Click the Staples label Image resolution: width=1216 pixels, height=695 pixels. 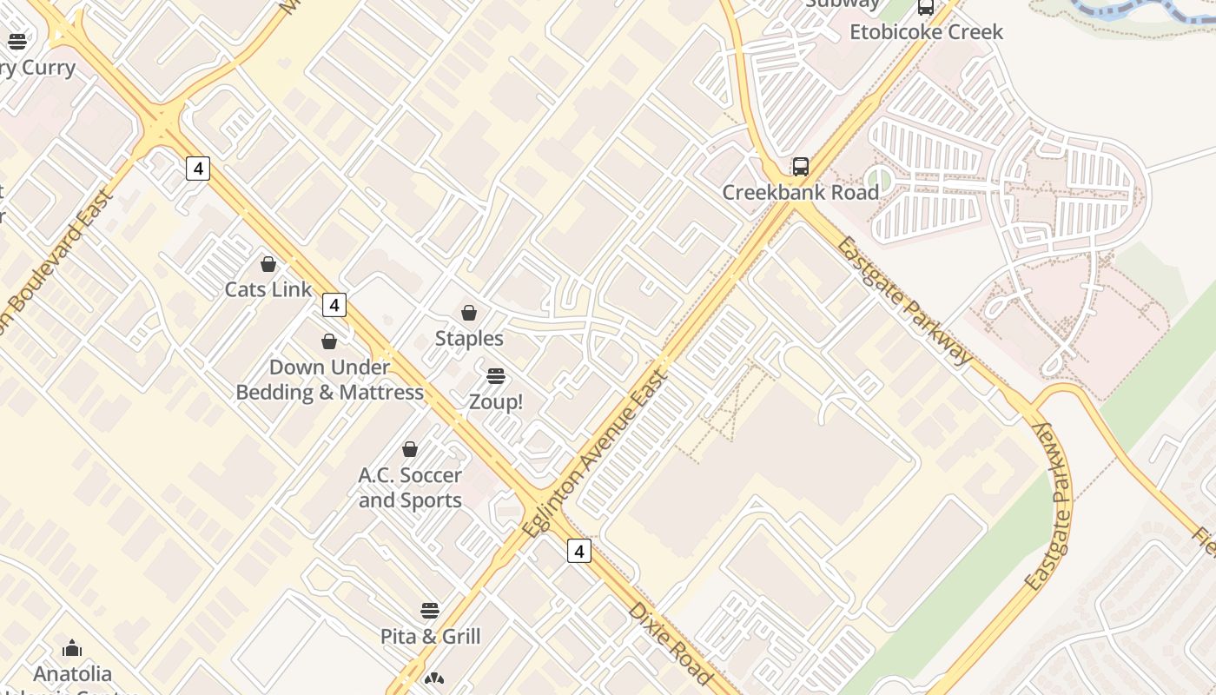pyautogui.click(x=469, y=338)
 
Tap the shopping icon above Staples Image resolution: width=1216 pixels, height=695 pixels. pyautogui.click(x=469, y=313)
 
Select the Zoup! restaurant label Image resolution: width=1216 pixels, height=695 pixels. pyautogui.click(x=496, y=402)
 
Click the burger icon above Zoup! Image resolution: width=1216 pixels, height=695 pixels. pyautogui.click(x=496, y=376)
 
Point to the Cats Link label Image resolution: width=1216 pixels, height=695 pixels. pyautogui.click(x=268, y=289)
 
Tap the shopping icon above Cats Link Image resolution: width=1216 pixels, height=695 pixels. pyautogui.click(x=268, y=264)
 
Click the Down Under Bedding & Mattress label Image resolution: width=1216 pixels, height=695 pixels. pyautogui.click(x=330, y=380)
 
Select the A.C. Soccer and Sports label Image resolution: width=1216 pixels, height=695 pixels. pyautogui.click(x=410, y=487)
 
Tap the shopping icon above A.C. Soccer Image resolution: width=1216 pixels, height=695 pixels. pyautogui.click(x=410, y=449)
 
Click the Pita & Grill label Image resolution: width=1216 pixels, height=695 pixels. pyautogui.click(x=431, y=636)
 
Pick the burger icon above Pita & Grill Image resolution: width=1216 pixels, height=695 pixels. pyautogui.click(x=430, y=610)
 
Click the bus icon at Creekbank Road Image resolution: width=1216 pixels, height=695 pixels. pyautogui.click(x=801, y=167)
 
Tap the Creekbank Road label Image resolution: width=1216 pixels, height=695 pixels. pyautogui.click(x=801, y=192)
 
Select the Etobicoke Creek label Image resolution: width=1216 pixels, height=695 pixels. pyautogui.click(x=926, y=32)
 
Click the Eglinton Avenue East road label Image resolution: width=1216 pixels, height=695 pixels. pyautogui.click(x=597, y=453)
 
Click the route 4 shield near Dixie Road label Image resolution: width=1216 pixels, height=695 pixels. pyautogui.click(x=579, y=551)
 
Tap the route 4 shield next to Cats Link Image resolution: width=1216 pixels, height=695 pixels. pyautogui.click(x=334, y=305)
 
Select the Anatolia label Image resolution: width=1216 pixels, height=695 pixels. pyautogui.click(x=72, y=673)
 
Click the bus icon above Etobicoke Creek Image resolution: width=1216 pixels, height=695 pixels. pyautogui.click(x=926, y=8)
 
